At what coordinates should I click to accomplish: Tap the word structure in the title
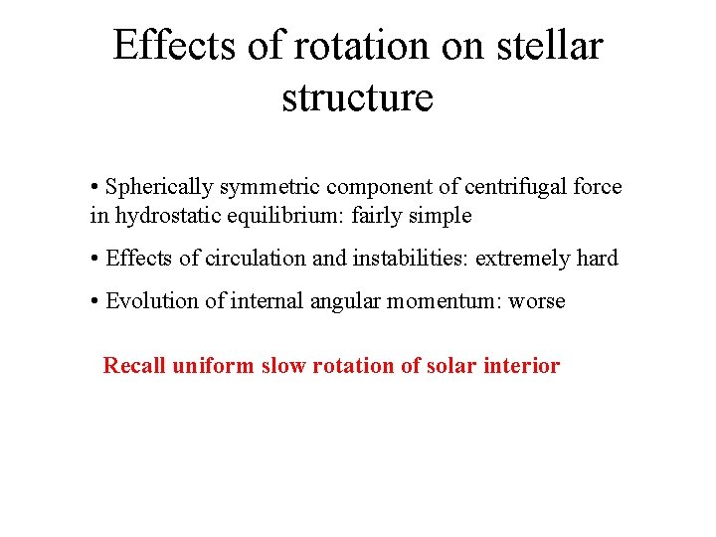[358, 97]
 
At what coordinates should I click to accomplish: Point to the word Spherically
[159, 187]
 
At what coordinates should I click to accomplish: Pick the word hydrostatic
[161, 215]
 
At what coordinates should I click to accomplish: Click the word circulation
[254, 259]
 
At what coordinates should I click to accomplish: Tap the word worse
[537, 301]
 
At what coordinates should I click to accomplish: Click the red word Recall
[135, 366]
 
